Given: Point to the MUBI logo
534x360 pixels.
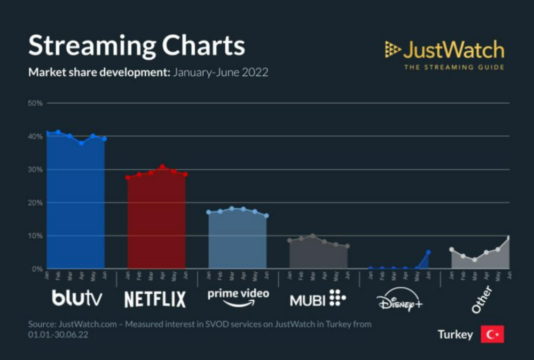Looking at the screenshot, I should tap(318, 298).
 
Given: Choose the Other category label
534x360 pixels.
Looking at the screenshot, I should tap(482, 299).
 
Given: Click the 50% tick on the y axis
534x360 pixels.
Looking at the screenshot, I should tap(35, 103).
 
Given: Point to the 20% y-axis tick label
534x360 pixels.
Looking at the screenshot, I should tap(35, 202).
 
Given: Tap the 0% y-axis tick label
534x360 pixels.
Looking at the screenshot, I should tap(37, 269).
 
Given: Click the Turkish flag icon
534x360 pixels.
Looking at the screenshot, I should tap(492, 334).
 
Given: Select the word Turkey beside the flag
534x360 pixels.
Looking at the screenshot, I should tap(455, 335).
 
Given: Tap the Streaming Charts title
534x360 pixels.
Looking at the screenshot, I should tap(137, 46).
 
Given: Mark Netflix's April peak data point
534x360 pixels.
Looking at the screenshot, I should tap(162, 167).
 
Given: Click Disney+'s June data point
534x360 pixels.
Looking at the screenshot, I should tap(428, 252).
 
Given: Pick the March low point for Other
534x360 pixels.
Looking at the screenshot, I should tap(474, 260).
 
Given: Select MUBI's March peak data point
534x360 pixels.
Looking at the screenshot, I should tap(313, 236).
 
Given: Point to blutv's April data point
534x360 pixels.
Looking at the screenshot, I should tap(81, 143).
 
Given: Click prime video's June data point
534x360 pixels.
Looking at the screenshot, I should tap(266, 216).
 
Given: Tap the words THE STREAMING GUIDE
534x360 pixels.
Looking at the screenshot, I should tap(453, 67).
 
